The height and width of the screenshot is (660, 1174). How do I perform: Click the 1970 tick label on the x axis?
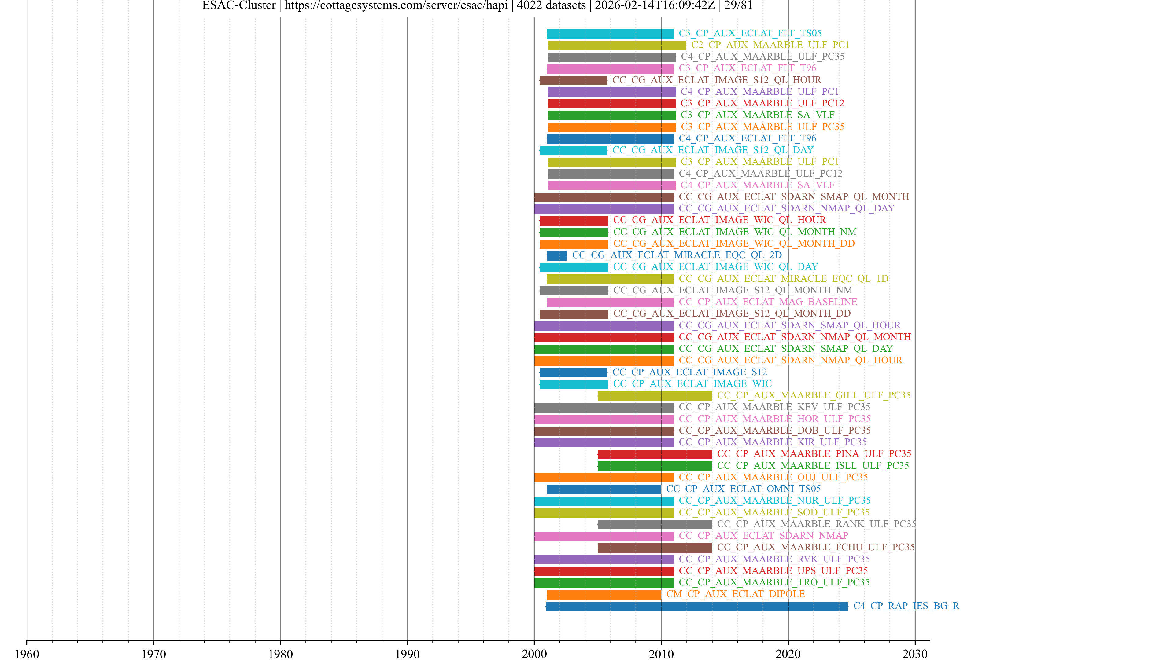tap(153, 654)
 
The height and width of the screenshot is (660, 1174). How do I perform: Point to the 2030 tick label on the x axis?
tap(915, 654)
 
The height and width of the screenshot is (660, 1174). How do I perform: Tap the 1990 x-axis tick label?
tap(407, 654)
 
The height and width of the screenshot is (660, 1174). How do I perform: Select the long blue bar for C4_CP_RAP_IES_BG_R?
tap(696, 606)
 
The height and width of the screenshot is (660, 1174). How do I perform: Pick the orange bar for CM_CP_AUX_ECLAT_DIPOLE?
tap(604, 594)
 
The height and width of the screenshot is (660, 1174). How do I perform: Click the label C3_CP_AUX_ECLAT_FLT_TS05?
tap(750, 33)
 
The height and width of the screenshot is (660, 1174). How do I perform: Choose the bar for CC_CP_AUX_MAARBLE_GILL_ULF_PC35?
tap(655, 396)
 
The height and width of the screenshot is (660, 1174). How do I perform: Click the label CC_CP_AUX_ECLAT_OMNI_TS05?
tap(743, 489)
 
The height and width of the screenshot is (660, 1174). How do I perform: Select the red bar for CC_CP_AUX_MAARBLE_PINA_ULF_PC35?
tap(655, 454)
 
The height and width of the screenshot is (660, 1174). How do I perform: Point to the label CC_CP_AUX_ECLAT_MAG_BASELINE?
tap(767, 302)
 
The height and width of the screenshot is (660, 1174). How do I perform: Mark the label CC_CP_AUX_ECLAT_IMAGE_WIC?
tap(692, 384)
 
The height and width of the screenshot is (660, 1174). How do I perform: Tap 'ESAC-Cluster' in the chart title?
tap(239, 5)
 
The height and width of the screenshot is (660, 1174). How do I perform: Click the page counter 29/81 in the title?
tap(738, 5)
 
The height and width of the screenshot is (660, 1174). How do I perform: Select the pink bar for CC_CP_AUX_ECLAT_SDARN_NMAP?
tap(604, 536)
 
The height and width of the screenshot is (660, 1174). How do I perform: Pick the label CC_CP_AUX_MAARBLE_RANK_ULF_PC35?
tap(816, 524)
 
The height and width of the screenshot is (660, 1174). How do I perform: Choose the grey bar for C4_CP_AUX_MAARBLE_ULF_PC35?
tap(611, 57)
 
